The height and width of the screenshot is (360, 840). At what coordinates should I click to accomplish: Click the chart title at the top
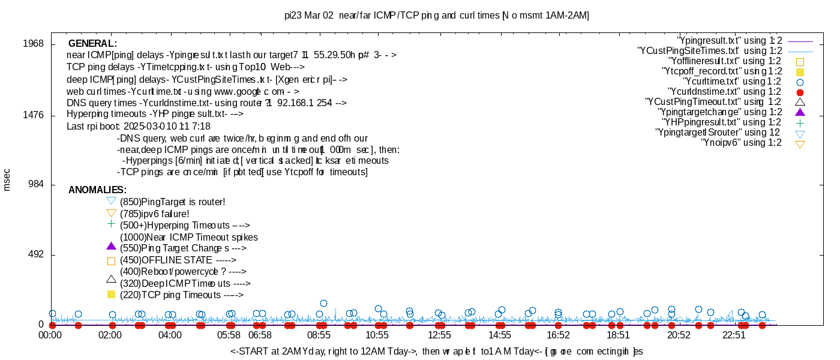point(436,15)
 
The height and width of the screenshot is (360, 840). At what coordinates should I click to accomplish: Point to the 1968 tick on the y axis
point(32,44)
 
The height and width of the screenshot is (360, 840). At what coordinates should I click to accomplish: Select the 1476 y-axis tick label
point(32,115)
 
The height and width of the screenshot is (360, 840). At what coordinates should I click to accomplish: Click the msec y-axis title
point(7,179)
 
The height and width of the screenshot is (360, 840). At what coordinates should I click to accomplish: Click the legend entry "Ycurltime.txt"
point(732,82)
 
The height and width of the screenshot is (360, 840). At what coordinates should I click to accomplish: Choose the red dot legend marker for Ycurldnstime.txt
point(800,92)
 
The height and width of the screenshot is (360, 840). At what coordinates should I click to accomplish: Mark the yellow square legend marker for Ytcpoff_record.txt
point(800,72)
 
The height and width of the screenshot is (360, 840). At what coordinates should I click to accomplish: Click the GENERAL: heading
point(92,44)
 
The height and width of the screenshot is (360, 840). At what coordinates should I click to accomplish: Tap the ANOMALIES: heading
point(97,190)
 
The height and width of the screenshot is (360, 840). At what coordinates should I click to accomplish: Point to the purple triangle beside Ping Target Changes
point(110,246)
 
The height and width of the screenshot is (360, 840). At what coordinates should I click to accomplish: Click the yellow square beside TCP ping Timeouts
point(110,295)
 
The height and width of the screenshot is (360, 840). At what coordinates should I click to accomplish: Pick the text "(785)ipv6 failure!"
point(155,214)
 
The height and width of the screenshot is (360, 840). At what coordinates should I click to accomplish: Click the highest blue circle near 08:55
point(323,304)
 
